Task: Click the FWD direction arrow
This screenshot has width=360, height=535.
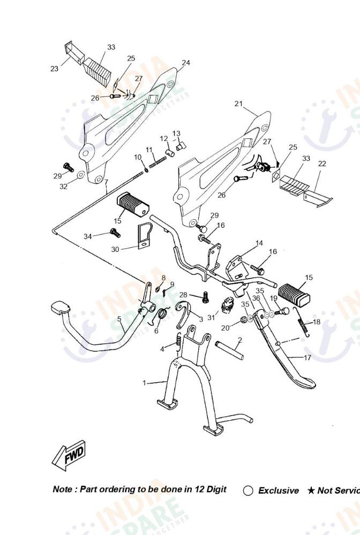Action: pos(69,457)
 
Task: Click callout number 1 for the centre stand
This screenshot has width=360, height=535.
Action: pos(144,383)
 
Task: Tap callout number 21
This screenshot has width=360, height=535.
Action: pos(238,103)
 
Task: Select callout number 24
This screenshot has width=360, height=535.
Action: pos(185,63)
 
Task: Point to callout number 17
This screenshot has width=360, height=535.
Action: pos(307,358)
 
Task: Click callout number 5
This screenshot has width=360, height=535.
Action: pos(119,319)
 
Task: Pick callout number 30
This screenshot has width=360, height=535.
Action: pos(115,249)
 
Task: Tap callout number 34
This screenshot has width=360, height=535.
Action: pos(88,236)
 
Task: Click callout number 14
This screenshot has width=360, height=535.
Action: pos(259,243)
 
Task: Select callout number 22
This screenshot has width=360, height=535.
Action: pos(321,164)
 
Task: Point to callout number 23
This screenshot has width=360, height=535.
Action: pos(54,69)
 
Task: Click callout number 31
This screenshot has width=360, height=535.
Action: pos(211,317)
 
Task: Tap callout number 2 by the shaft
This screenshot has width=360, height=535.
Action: pos(239,340)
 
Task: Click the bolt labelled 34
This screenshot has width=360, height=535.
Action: pos(114,232)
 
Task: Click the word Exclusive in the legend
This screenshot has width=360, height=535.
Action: pos(279,491)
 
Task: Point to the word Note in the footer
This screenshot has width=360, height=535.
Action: pos(63,489)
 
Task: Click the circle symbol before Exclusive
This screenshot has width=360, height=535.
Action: pos(248,491)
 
